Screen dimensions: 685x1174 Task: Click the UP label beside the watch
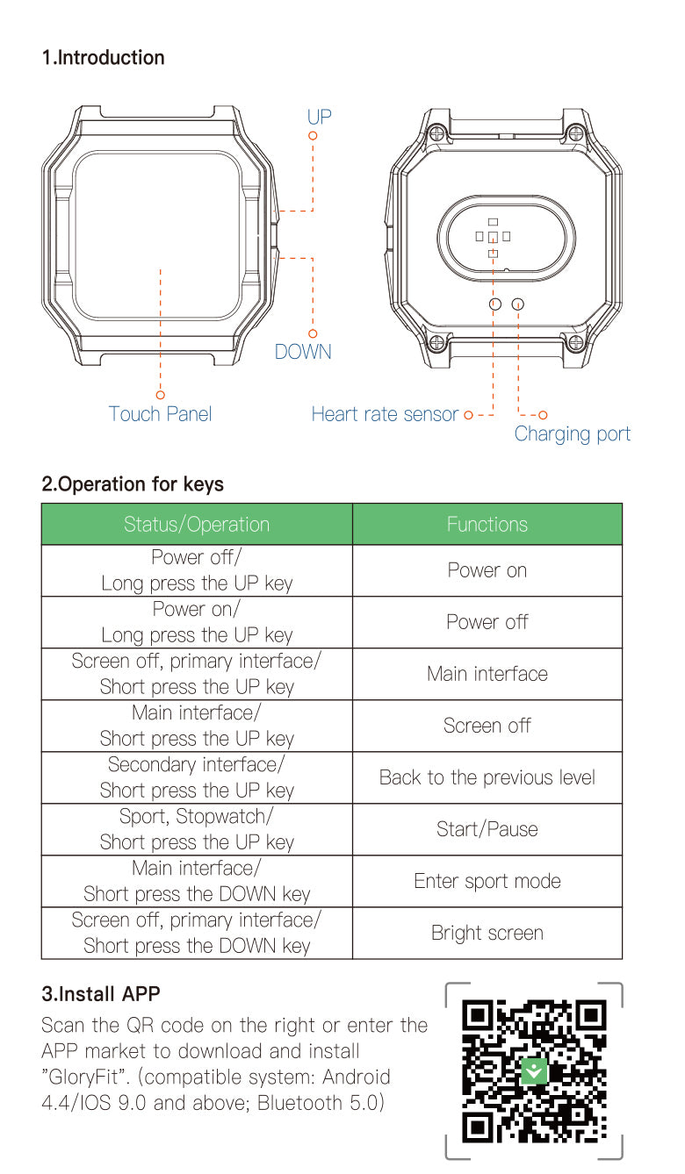coord(319,117)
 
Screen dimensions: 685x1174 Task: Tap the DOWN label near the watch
coord(303,352)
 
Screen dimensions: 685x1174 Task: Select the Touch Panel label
coord(160,414)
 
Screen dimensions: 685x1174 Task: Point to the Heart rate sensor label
coord(385,414)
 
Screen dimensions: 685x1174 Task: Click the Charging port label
coord(573,434)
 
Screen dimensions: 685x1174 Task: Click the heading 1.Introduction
coord(104,58)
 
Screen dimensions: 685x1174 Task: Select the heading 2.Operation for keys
coord(133,483)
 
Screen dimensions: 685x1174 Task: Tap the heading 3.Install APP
coord(101,994)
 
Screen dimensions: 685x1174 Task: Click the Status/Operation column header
coord(197,524)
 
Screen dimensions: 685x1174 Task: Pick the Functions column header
coord(487,524)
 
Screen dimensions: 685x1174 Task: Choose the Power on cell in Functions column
coord(487,570)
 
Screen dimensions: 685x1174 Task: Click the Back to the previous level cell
coord(487,777)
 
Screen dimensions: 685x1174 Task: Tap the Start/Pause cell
coord(487,829)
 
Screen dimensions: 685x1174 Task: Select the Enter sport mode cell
coord(487,881)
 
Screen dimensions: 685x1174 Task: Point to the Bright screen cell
coord(487,933)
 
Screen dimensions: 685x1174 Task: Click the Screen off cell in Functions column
coord(487,726)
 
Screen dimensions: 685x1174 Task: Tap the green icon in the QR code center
coord(534,1071)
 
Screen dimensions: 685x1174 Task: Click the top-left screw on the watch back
coord(436,133)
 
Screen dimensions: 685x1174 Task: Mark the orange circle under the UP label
coord(313,136)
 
